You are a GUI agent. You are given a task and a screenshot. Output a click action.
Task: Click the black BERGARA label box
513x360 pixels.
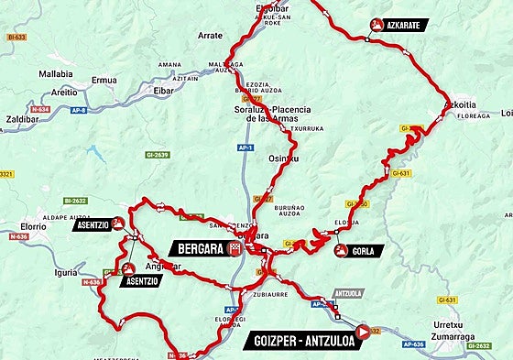(197, 248)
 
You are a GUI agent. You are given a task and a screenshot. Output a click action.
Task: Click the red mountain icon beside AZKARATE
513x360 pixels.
(375, 25)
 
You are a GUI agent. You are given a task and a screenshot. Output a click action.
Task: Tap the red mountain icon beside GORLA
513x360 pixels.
(341, 250)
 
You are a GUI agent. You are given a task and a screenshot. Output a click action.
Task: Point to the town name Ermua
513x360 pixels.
(104, 81)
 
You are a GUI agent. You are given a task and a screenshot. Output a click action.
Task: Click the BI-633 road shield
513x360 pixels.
(16, 38)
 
